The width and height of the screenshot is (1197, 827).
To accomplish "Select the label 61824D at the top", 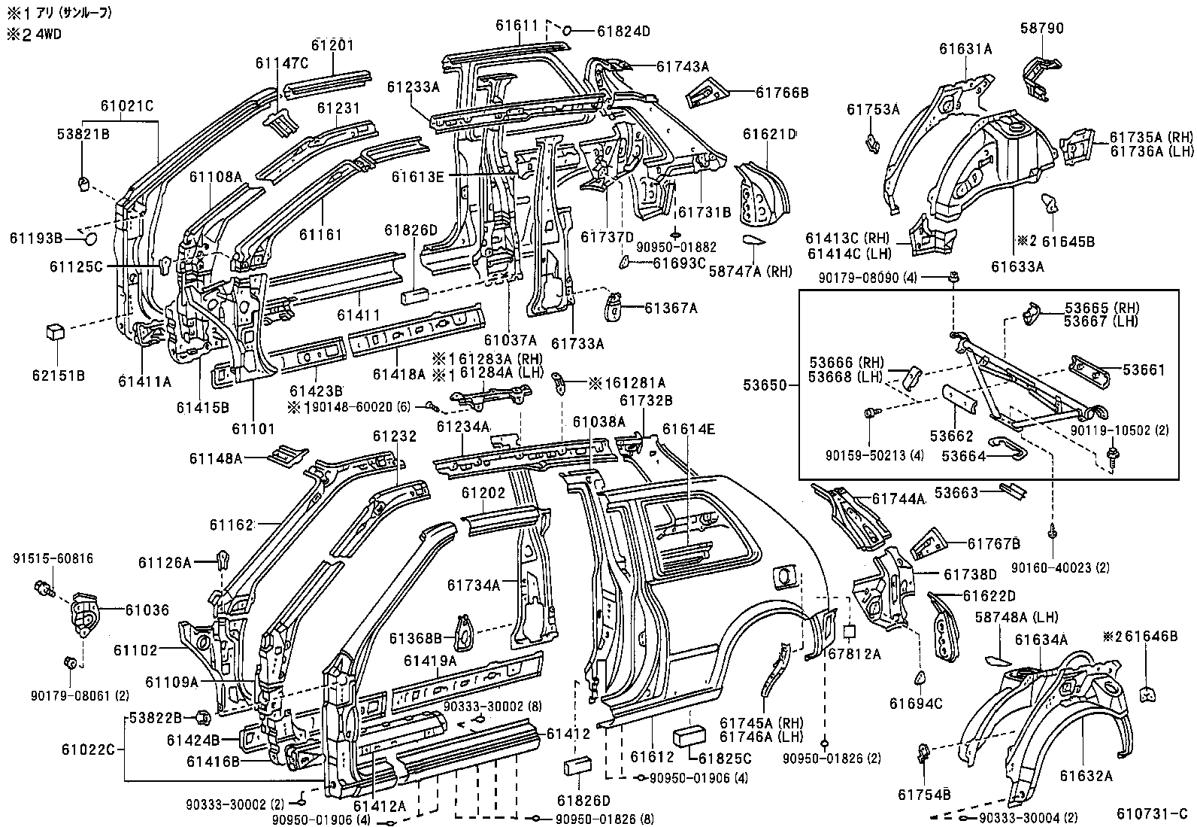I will click(x=623, y=31).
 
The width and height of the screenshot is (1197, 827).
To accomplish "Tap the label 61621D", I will click(x=769, y=134).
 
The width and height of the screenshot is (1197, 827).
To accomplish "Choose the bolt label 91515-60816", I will click(x=53, y=558).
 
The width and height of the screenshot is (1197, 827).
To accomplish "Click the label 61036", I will click(x=147, y=610).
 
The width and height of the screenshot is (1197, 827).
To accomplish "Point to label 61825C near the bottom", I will click(x=726, y=758).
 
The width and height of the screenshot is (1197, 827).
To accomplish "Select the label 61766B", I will click(x=782, y=93).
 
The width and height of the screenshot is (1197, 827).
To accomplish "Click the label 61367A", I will click(x=671, y=307).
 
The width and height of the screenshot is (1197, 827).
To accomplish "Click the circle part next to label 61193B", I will click(x=89, y=239).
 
